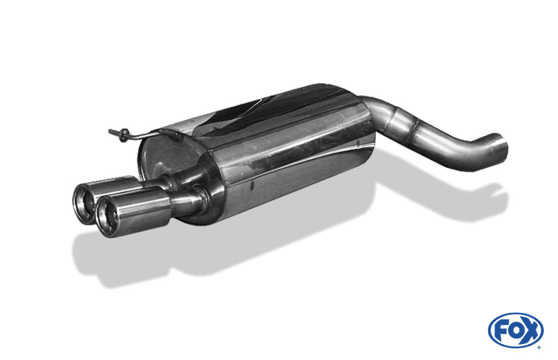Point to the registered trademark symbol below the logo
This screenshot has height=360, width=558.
tap(539, 347)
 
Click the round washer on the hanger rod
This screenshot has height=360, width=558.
tap(124, 135)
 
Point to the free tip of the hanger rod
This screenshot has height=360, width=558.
tap(109, 131)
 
